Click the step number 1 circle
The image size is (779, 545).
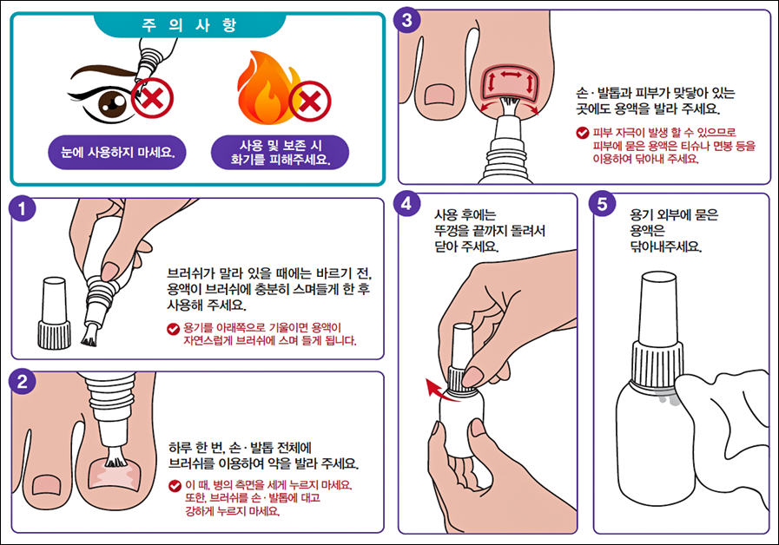coord(22,209)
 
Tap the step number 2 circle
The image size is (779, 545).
coord(22,382)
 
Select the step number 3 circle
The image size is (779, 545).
coord(407,21)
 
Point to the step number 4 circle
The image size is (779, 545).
coord(407,204)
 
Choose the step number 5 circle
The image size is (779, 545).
coord(602,204)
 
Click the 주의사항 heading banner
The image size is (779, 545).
coord(189,25)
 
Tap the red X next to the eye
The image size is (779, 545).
coord(153,98)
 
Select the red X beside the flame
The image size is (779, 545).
coord(310,102)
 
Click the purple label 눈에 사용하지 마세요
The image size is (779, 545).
coord(117,153)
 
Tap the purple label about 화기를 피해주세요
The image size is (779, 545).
coord(281,153)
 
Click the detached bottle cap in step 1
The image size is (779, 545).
coord(54,312)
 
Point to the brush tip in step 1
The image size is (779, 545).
coord(89,338)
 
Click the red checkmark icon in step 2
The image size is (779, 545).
coord(175,485)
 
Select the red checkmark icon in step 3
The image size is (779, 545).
coord(582,133)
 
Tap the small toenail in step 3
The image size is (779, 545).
coord(439,95)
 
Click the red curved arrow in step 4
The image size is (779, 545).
coord(440,389)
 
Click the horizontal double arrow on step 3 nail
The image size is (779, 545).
coord(511,75)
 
